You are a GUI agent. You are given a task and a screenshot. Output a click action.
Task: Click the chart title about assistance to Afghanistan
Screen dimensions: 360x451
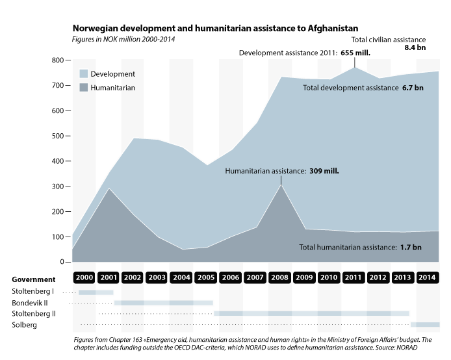(x=215, y=29)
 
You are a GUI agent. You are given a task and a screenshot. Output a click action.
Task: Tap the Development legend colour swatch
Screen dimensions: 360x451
(x=84, y=74)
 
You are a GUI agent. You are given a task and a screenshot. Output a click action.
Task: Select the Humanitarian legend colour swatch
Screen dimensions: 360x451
(x=84, y=87)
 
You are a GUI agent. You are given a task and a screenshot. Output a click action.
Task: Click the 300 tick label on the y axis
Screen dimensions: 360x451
(x=58, y=186)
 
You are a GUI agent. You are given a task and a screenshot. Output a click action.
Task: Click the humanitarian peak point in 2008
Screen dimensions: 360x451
(x=281, y=185)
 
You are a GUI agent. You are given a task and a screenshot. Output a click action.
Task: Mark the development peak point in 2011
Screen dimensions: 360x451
(x=355, y=67)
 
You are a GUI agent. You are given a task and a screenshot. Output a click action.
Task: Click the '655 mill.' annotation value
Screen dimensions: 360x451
(x=355, y=53)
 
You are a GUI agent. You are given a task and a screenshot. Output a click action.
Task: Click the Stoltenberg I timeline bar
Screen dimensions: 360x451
(x=86, y=293)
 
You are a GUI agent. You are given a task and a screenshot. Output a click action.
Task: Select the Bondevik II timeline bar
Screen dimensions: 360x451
(x=163, y=303)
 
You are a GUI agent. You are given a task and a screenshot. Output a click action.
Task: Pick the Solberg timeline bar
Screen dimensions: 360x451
(x=424, y=324)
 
